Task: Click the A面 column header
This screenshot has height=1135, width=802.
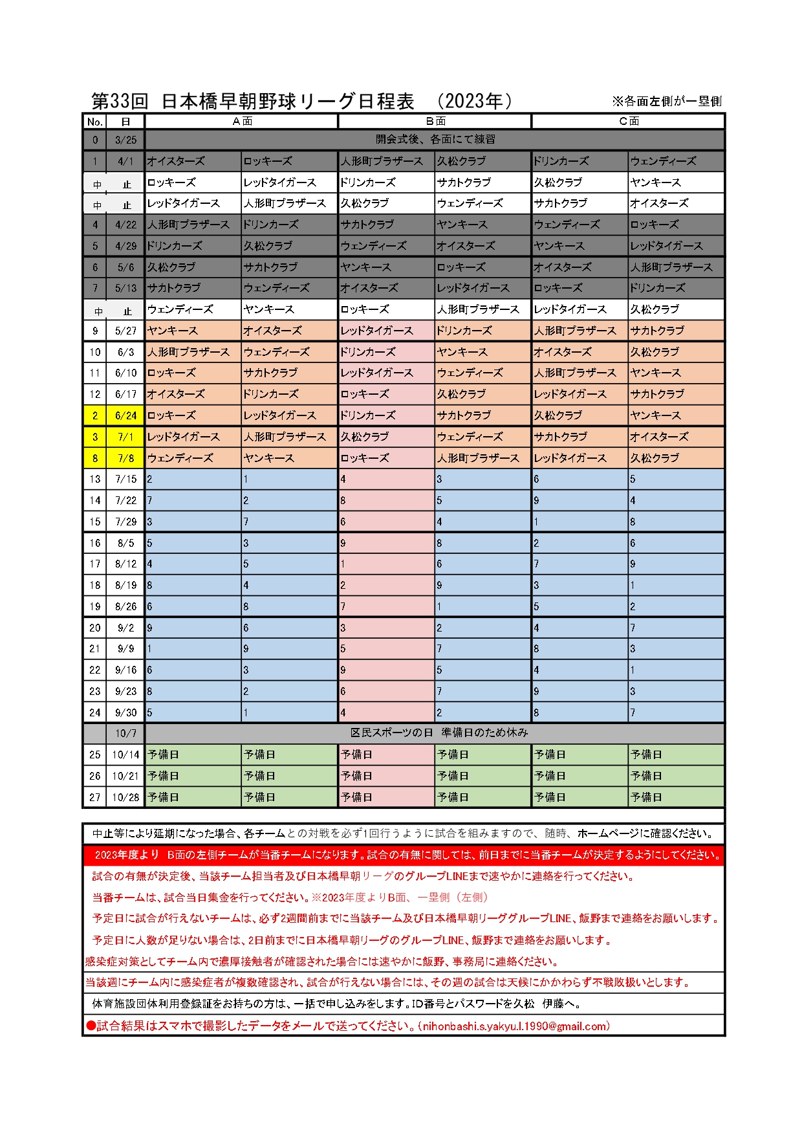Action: [242, 121]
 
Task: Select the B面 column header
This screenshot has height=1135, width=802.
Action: [435, 121]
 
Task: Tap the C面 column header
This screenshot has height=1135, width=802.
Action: [629, 121]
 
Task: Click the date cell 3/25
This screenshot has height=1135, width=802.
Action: [125, 140]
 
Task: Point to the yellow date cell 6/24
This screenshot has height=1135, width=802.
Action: [125, 415]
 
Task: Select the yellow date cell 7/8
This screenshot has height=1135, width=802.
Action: [125, 458]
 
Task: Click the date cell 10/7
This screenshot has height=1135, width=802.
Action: [125, 733]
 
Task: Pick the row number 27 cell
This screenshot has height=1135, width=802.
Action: [95, 797]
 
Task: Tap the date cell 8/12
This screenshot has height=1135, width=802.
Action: [125, 564]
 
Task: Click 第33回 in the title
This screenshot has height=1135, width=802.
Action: [120, 101]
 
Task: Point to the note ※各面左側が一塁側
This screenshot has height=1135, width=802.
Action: [666, 101]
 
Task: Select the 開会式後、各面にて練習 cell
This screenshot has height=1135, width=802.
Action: [435, 139]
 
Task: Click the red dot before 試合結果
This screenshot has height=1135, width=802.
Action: [91, 1026]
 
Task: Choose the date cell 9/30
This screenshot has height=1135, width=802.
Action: [125, 712]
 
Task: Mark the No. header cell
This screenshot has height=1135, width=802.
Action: [95, 122]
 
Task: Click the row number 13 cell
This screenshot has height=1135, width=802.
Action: [95, 479]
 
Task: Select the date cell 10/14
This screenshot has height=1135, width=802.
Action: [125, 755]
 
